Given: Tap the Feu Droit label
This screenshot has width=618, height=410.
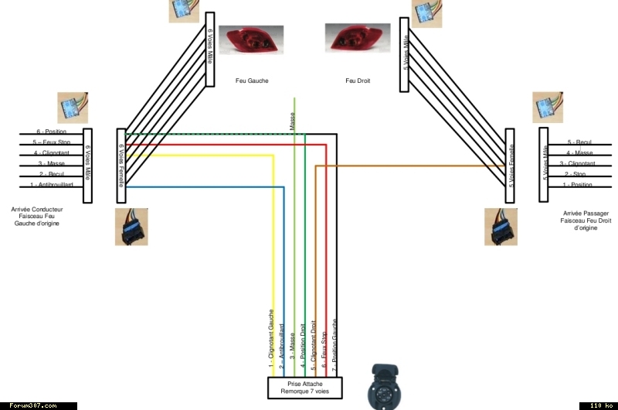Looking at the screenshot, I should coord(358,80).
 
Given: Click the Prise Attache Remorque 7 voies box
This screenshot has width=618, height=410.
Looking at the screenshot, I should coord(304,387).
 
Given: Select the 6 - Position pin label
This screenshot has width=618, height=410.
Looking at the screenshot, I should coord(52,132).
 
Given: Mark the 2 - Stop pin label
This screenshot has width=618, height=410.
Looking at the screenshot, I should coord(577,174).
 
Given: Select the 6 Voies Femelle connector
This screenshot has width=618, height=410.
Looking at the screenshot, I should coord(121,165).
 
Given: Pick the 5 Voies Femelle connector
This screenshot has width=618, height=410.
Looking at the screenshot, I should coord(510,165).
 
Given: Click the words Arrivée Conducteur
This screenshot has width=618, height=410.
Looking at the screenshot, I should coord(37,209).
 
